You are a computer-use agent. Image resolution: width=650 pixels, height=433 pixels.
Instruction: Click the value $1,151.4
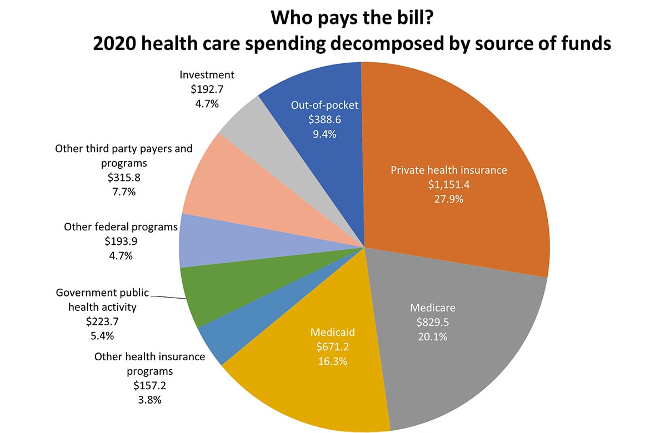442,184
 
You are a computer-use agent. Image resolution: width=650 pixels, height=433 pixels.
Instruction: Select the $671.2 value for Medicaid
332,347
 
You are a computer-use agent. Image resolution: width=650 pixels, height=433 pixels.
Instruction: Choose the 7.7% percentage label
123,192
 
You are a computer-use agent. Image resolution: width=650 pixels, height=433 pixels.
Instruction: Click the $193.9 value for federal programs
121,241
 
